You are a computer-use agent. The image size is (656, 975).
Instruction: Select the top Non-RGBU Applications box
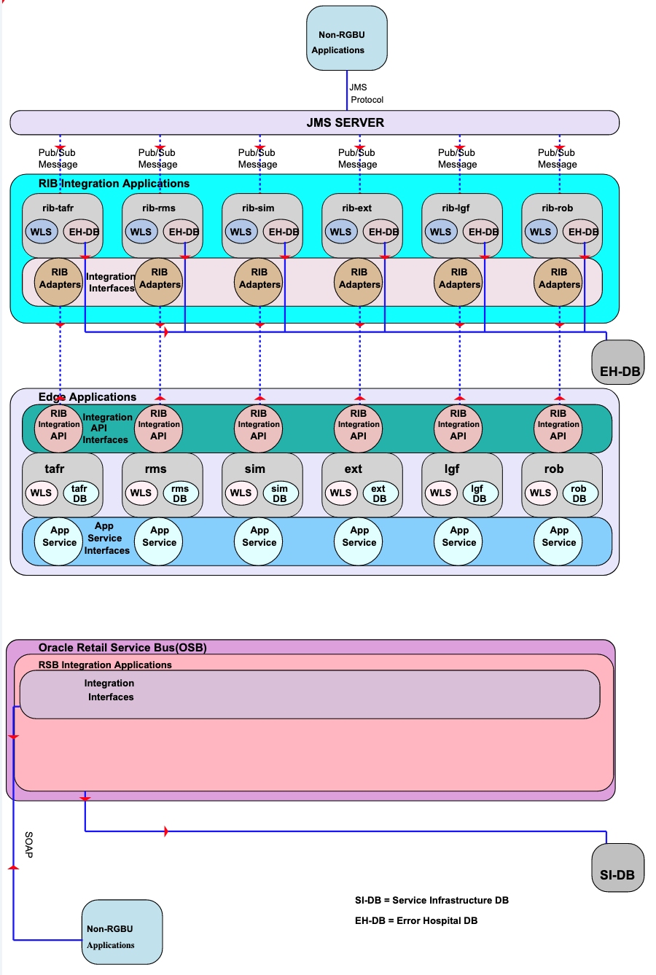click(346, 39)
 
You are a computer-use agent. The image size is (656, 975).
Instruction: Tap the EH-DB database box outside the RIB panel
click(618, 361)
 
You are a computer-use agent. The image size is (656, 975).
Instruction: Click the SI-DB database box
click(617, 867)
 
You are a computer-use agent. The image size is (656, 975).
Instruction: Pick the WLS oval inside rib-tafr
click(42, 232)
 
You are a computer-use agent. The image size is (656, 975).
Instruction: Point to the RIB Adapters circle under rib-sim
click(259, 283)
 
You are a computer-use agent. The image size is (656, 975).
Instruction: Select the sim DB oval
click(280, 493)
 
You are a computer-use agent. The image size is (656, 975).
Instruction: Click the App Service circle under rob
click(559, 541)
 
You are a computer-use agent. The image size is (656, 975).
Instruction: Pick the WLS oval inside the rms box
click(141, 493)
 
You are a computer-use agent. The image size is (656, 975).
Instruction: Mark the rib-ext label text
click(357, 208)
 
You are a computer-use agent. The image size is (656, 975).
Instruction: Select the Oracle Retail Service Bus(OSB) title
click(122, 647)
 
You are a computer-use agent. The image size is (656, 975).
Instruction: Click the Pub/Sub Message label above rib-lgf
click(457, 158)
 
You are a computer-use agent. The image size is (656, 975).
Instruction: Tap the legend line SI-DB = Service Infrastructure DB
click(432, 900)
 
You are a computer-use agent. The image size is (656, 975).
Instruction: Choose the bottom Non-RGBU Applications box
click(122, 933)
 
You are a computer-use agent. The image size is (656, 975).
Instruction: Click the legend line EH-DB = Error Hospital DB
click(416, 920)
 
